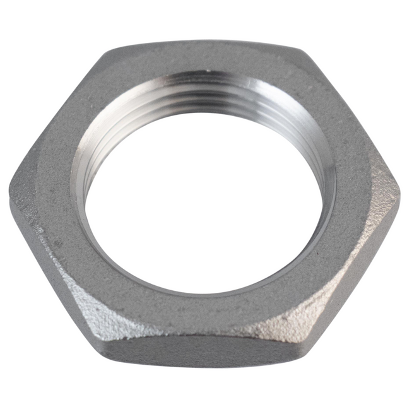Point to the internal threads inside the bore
(x=208, y=101)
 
